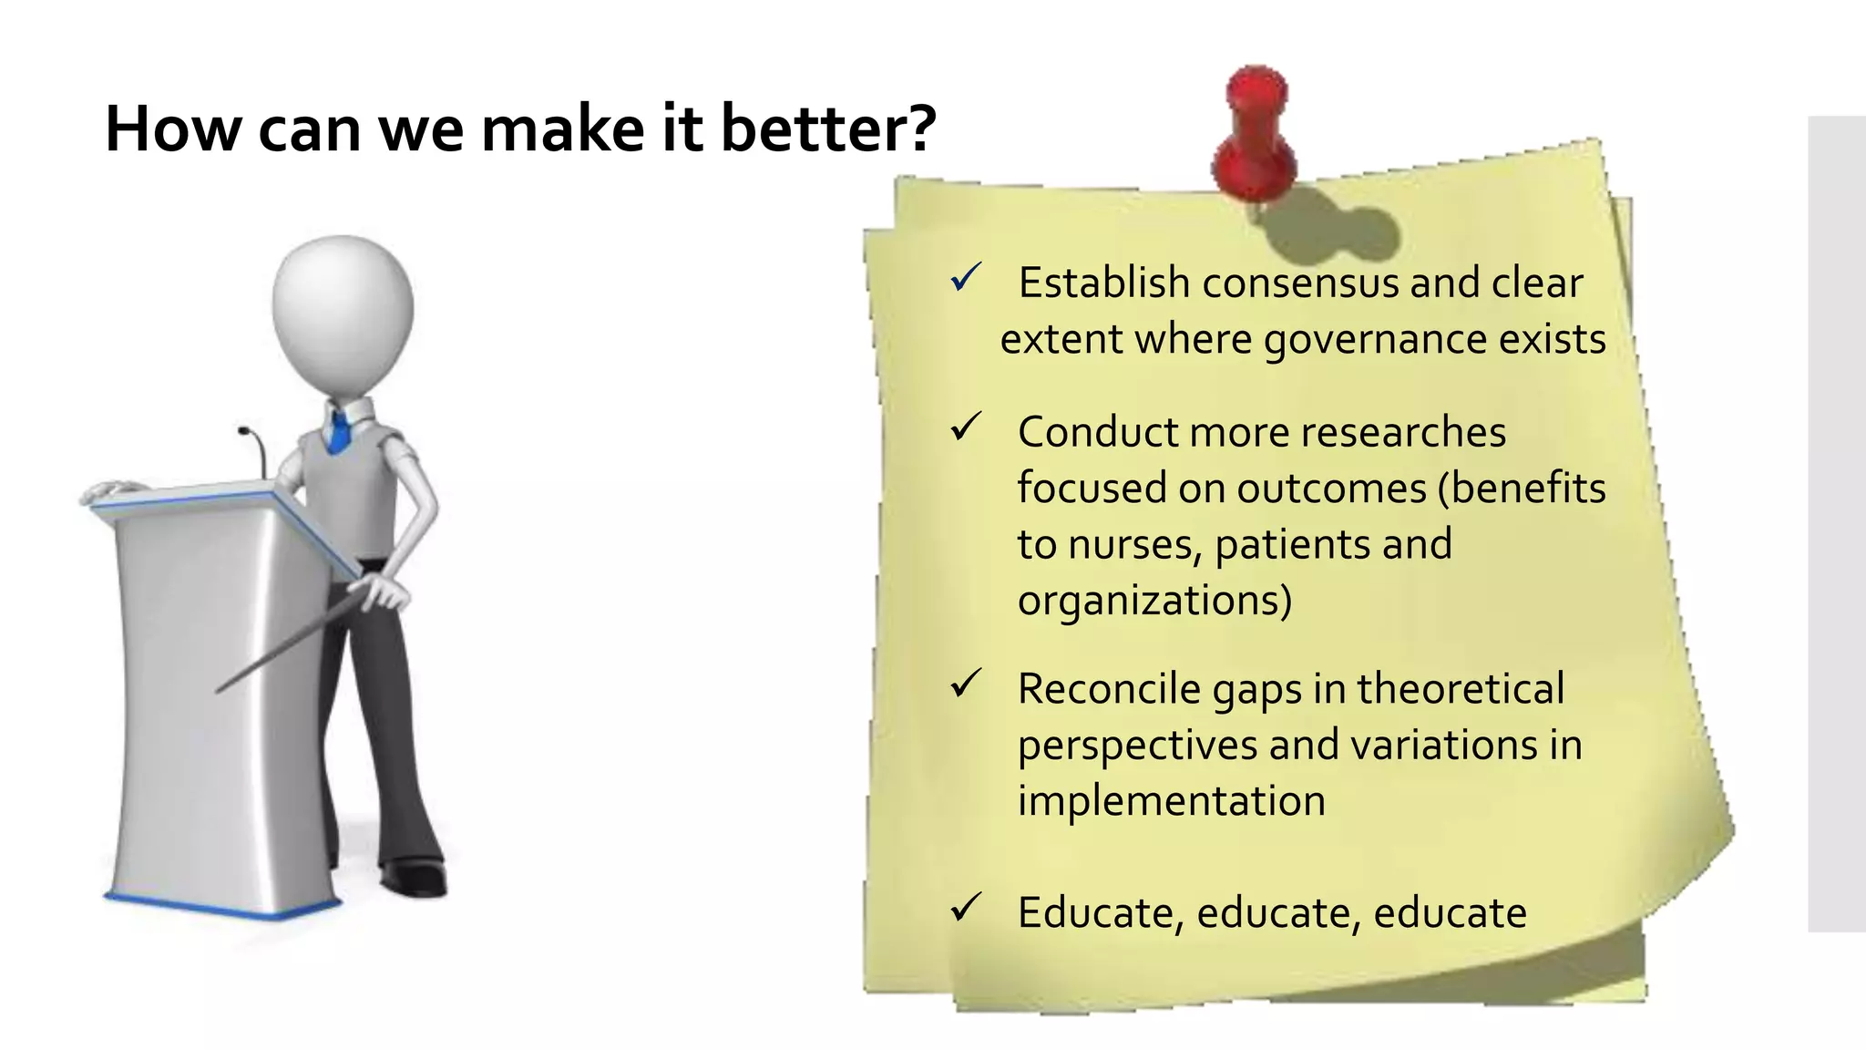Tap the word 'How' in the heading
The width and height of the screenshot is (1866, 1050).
[173, 129]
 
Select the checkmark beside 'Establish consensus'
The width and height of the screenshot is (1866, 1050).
[965, 278]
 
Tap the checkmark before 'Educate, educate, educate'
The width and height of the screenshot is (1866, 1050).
[965, 908]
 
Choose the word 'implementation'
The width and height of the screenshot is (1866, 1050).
[1171, 801]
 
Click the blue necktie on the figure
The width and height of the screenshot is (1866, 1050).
[339, 432]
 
